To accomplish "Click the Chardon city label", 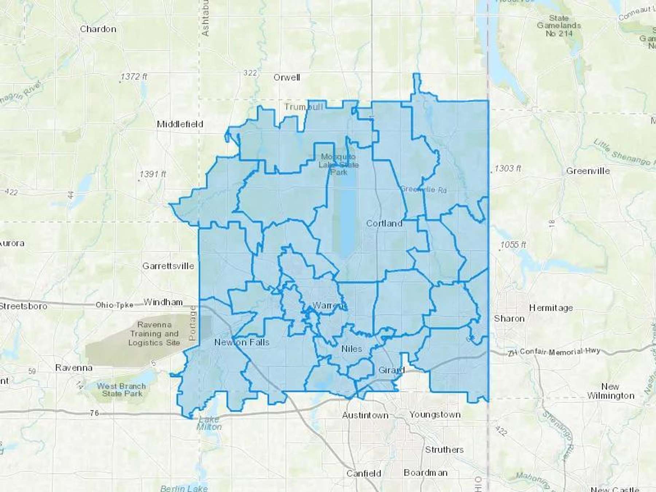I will click(98, 29).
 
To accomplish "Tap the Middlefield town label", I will click(180, 124).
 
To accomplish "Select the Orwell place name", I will click(287, 78).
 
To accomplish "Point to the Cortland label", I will click(384, 223).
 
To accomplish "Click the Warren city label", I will click(328, 305).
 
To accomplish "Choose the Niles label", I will click(352, 349).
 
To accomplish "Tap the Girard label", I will click(391, 370).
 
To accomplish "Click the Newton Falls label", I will click(242, 343).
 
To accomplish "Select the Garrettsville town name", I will click(168, 266).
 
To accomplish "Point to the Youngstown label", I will click(435, 415).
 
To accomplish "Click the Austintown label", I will click(365, 415).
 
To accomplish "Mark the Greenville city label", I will click(588, 171).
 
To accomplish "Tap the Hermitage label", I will click(551, 308).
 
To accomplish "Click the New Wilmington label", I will click(610, 391).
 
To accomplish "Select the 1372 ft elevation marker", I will click(134, 77).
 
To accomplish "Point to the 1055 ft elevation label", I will click(513, 245).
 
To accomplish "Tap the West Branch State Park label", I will click(122, 390).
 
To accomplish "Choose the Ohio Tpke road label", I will click(114, 305).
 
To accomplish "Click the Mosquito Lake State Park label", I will click(339, 164).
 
